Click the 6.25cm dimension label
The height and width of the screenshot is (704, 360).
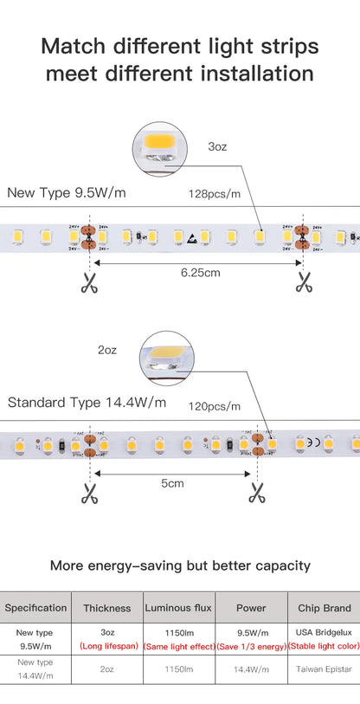pos(200,272)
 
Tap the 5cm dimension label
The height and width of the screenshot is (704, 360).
pos(172,483)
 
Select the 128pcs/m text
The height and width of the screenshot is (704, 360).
pos(215,193)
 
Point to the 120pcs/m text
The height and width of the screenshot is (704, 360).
pos(214,405)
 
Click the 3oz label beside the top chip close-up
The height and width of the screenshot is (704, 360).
pos(217,147)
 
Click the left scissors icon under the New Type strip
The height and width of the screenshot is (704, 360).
pos(89,281)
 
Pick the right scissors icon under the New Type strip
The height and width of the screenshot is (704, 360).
pos(303,281)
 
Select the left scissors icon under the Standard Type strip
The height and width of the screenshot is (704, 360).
pos(89,493)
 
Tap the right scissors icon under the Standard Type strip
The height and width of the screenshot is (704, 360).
pos(257,493)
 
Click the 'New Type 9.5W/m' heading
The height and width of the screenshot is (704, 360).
pos(66,192)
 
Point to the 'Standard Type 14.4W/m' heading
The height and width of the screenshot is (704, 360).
pos(87,403)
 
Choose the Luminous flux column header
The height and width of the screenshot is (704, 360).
pos(178,608)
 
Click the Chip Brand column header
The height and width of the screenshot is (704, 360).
pos(324,608)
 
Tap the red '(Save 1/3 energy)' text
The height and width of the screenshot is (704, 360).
pos(251,646)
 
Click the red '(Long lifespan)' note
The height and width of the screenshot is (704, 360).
pos(107,646)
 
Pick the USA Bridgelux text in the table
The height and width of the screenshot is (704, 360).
pos(324,632)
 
